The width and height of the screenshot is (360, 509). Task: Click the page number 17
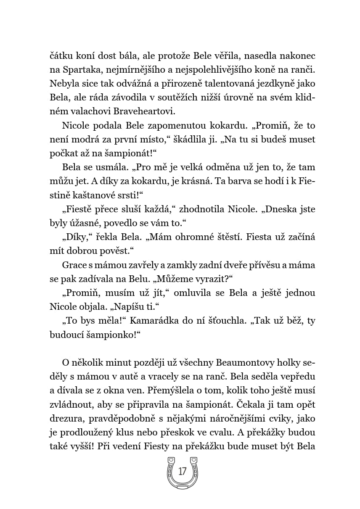[x=182, y=471]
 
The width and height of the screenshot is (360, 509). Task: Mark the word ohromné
[x=185, y=237]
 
